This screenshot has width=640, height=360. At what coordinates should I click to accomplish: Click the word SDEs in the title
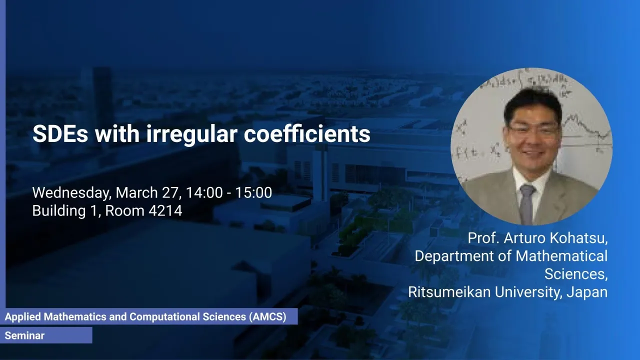point(60,133)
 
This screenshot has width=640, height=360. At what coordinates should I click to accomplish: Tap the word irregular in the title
point(191,133)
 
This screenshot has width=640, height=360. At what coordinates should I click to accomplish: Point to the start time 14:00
point(204,192)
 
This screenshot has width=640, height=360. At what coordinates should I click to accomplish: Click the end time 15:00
point(253,192)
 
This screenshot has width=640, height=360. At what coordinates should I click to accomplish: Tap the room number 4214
point(165,211)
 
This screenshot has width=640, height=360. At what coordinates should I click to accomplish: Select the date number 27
point(171,192)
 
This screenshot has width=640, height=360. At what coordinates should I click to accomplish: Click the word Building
point(59,211)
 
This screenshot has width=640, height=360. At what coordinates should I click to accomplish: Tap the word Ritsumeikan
point(449,292)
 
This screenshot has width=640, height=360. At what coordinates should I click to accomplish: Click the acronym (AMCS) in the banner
point(267,317)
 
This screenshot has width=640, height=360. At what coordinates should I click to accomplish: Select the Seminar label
point(24,335)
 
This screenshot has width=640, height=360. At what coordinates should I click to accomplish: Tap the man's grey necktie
point(526,204)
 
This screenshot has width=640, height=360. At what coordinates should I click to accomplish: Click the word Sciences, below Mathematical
point(576,274)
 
